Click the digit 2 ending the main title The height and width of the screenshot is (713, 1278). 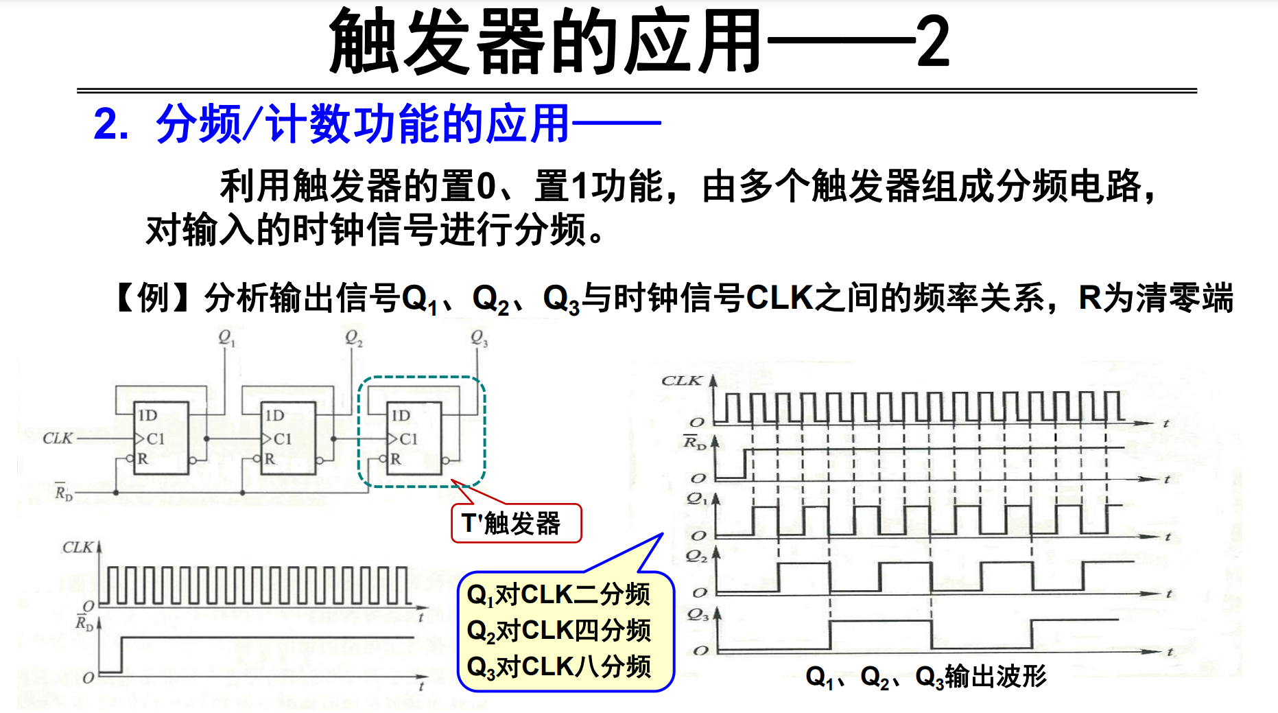[933, 43]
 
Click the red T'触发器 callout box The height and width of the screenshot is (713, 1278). [515, 524]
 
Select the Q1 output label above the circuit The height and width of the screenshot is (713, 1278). [226, 338]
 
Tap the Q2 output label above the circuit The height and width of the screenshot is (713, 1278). [353, 338]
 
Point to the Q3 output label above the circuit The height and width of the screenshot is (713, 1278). [479, 338]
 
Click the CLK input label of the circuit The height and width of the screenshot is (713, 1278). [58, 438]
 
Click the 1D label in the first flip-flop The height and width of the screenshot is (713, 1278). [147, 415]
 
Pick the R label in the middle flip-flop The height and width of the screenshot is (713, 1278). [270, 458]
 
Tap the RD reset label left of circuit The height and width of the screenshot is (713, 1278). [63, 492]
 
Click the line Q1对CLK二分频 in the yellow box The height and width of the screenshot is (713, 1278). [558, 595]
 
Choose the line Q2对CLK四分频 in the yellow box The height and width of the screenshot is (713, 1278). [558, 631]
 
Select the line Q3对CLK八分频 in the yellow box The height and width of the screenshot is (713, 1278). [558, 666]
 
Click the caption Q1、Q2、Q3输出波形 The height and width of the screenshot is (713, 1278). [925, 677]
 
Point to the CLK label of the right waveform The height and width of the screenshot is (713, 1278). [681, 380]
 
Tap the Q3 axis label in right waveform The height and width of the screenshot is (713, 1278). [698, 615]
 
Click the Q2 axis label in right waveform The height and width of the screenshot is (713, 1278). [696, 557]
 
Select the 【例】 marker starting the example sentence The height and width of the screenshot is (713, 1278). [143, 298]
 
